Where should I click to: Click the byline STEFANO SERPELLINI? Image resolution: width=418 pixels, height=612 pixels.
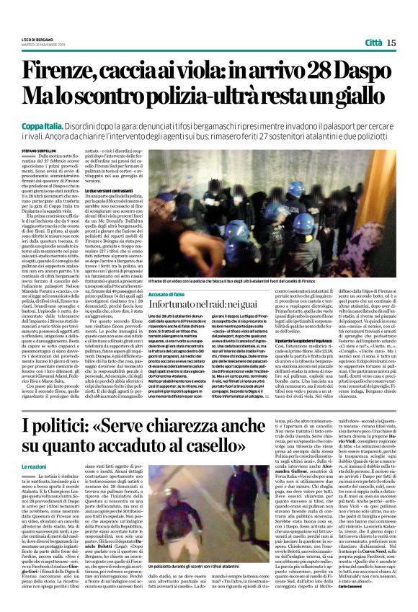(43, 152)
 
